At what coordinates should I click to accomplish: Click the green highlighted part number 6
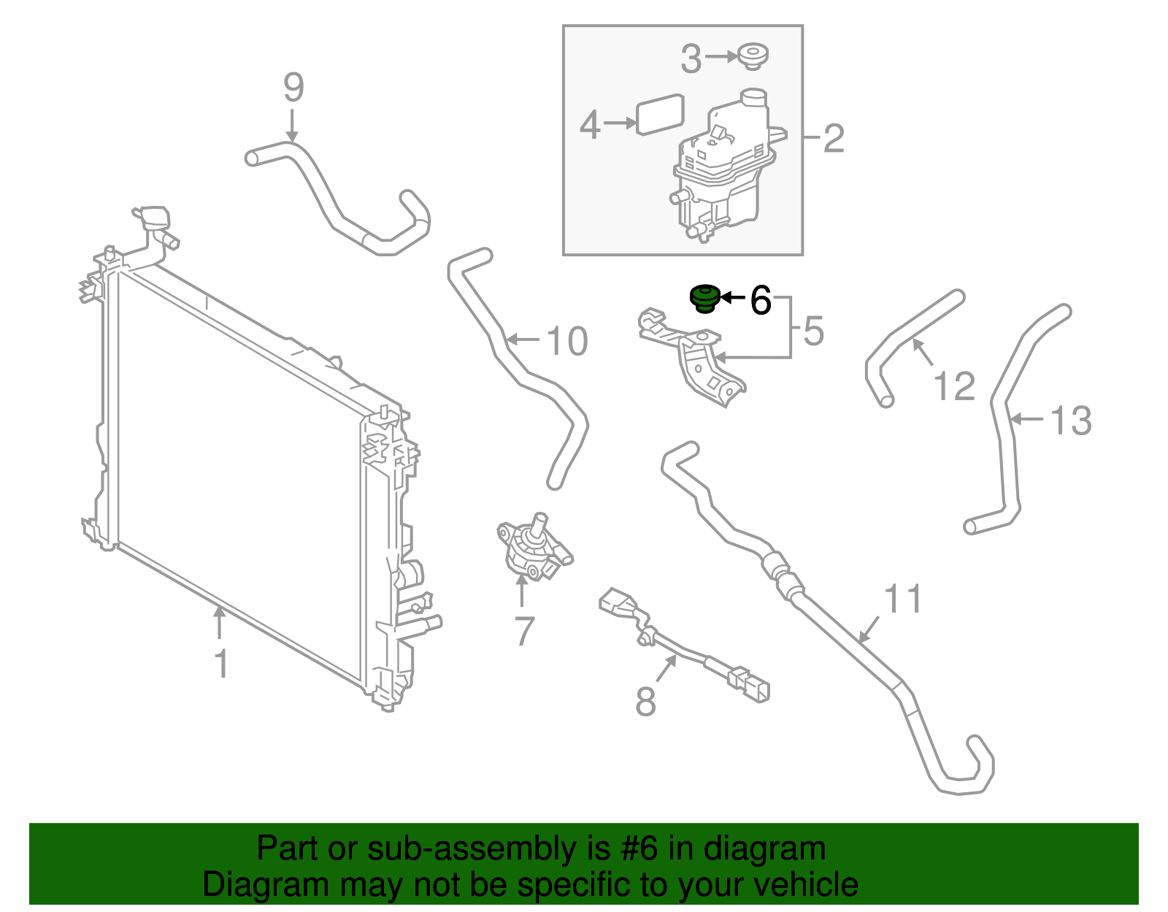tap(704, 299)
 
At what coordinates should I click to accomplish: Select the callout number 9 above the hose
tap(293, 88)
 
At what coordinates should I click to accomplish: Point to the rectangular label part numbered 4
tap(660, 115)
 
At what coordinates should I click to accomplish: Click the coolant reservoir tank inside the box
tap(723, 168)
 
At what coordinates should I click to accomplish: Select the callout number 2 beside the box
tap(834, 138)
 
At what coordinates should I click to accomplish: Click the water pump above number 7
tap(531, 551)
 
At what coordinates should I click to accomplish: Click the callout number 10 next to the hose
tap(566, 341)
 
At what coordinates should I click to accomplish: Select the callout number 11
tap(903, 599)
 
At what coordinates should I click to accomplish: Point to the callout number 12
tap(954, 386)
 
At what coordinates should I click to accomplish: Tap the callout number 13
tap(1070, 421)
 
